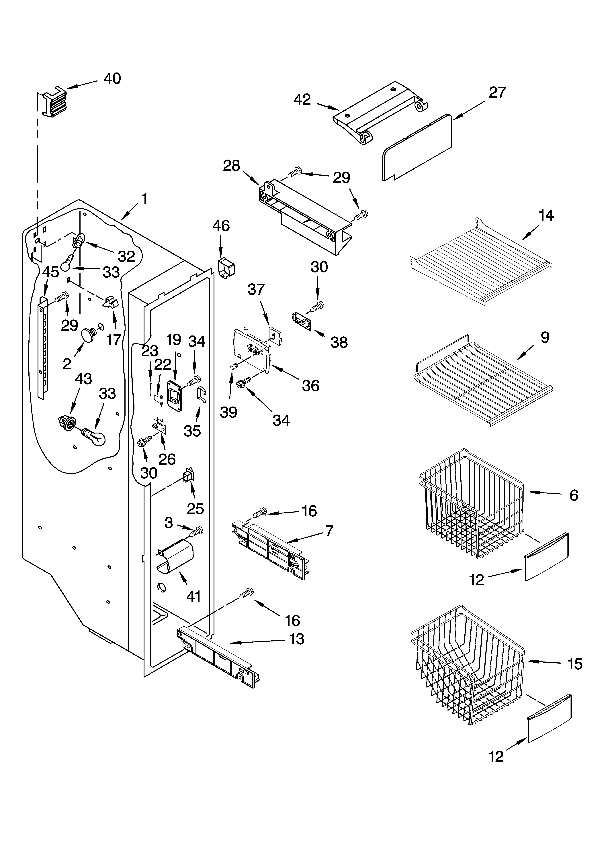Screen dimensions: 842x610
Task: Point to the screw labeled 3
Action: (x=196, y=532)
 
